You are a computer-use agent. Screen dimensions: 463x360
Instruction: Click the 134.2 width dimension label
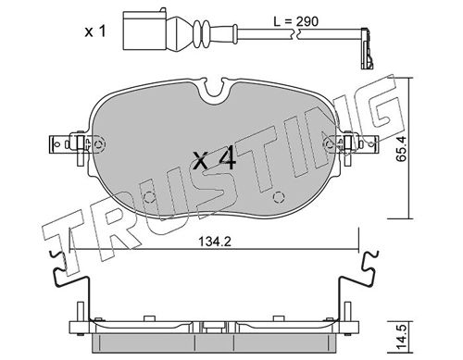(214, 242)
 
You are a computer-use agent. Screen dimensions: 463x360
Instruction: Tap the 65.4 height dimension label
(401, 149)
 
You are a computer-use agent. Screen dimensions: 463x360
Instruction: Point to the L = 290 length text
(295, 21)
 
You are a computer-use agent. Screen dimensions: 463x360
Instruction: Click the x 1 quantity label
(95, 31)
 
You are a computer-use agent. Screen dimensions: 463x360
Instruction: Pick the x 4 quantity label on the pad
(214, 159)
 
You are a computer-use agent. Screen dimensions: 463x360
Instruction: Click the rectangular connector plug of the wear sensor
(144, 31)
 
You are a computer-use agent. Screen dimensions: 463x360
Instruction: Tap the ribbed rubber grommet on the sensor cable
(202, 31)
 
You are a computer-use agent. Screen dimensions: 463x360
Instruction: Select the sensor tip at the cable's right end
(366, 48)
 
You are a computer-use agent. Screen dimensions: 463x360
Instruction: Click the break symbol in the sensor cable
(294, 33)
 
